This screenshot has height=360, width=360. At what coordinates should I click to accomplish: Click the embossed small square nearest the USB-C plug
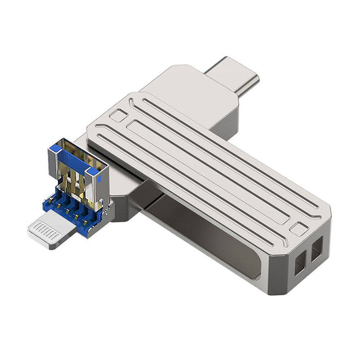coord(117,115)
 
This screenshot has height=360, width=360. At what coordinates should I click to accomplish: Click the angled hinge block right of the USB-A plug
coord(125,199)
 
